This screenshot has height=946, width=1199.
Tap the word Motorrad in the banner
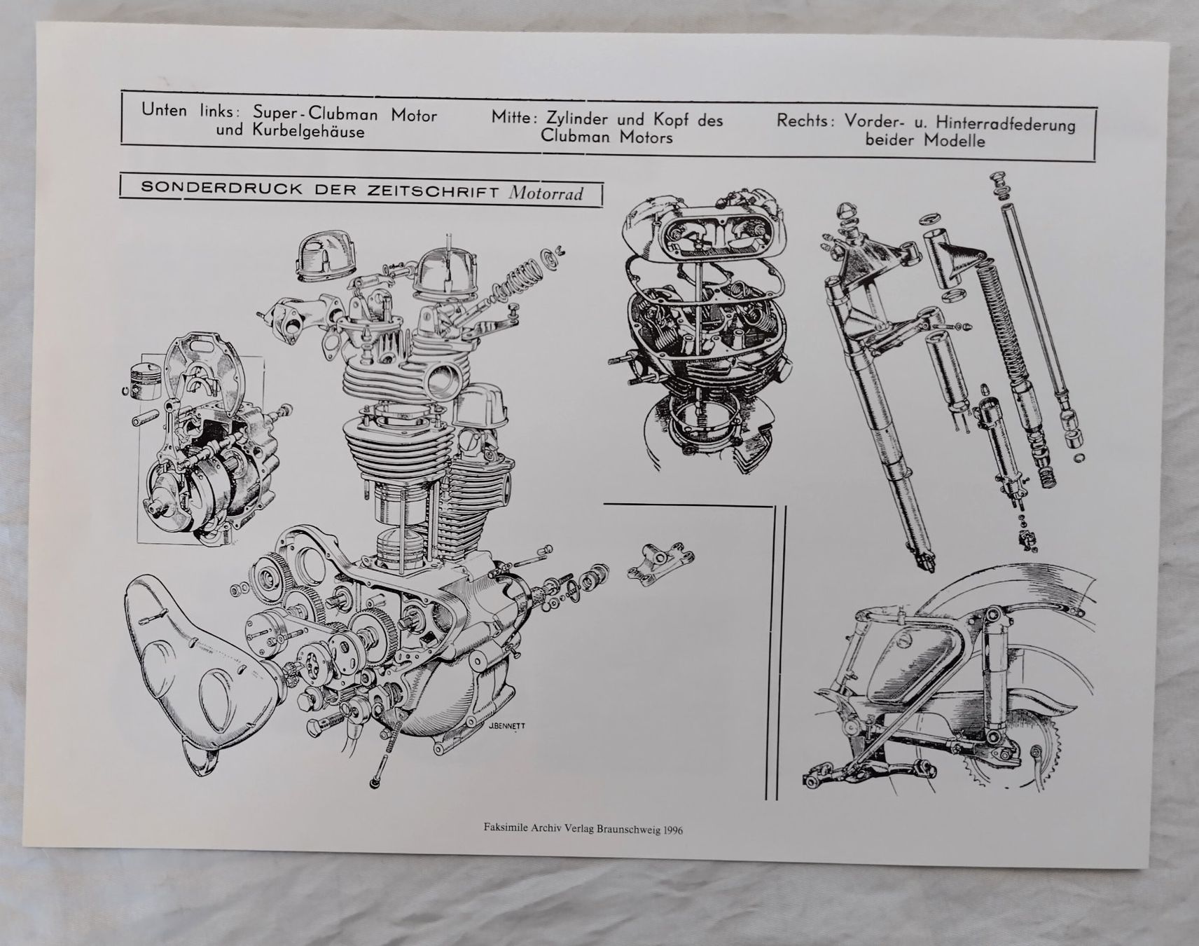click(x=546, y=193)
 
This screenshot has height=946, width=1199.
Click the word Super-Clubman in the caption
click(x=315, y=114)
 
